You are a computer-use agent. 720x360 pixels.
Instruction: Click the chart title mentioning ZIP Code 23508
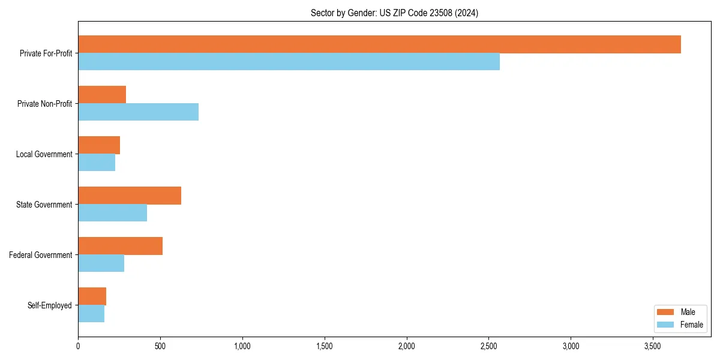pos(394,13)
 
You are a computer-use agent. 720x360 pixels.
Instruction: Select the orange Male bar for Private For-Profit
pos(379,44)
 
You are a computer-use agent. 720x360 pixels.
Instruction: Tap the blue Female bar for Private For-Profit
pos(289,62)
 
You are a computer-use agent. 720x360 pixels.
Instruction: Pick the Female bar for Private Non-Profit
pos(138,112)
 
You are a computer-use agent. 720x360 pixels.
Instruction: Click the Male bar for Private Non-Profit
pos(102,95)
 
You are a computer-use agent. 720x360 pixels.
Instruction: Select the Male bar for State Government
pos(130,196)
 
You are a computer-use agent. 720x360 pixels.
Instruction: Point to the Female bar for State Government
pos(112,213)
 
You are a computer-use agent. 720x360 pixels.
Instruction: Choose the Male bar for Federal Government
pos(120,246)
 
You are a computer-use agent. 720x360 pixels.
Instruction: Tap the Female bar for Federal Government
pos(101,263)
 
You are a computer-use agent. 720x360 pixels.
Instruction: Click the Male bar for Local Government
pos(99,145)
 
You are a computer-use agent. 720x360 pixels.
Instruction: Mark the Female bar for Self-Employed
pos(91,314)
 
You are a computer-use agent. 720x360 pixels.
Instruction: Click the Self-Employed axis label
pos(50,305)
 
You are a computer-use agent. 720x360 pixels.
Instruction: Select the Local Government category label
pos(44,154)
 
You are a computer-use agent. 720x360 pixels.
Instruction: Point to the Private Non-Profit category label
pos(44,104)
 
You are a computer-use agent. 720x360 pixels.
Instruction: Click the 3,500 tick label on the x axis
pos(653,346)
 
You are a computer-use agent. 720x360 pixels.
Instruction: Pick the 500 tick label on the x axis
pos(160,346)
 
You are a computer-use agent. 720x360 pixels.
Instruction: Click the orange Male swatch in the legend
pos(666,312)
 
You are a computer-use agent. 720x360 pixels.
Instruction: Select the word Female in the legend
pos(692,325)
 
